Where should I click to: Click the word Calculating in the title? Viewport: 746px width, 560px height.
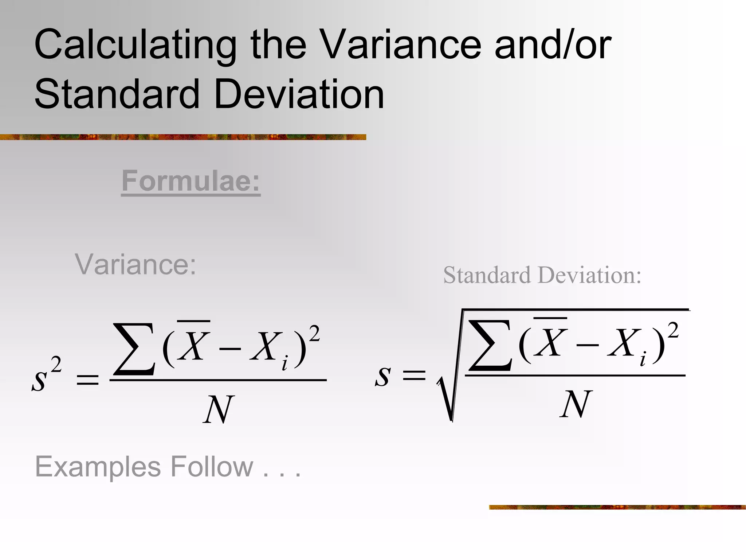[x=135, y=46]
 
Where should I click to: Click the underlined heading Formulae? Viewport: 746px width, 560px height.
[x=191, y=181]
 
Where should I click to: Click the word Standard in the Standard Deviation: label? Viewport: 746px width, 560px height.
[x=487, y=275]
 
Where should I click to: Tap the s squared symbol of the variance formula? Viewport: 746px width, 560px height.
[x=46, y=376]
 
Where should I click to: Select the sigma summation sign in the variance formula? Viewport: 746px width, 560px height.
[x=134, y=349]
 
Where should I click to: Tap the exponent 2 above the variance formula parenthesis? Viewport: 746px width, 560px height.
[x=314, y=334]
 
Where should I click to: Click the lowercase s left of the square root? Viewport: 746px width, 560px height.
[x=383, y=376]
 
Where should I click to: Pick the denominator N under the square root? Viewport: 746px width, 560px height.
[x=575, y=404]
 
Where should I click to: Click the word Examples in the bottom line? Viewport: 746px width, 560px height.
[x=98, y=467]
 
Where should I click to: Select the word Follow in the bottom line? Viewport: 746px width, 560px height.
[x=212, y=466]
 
